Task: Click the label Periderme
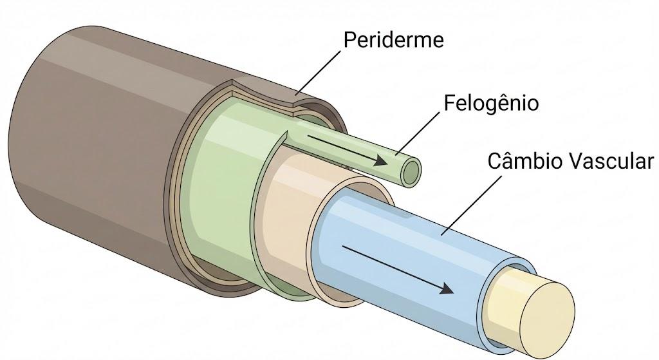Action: (393, 40)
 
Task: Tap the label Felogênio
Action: (491, 103)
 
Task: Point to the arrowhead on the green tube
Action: (380, 160)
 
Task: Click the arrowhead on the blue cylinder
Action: (446, 289)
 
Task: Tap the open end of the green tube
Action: (411, 172)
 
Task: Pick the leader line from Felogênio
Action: (419, 133)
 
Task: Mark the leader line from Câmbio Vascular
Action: (471, 205)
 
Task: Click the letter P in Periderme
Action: (350, 40)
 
